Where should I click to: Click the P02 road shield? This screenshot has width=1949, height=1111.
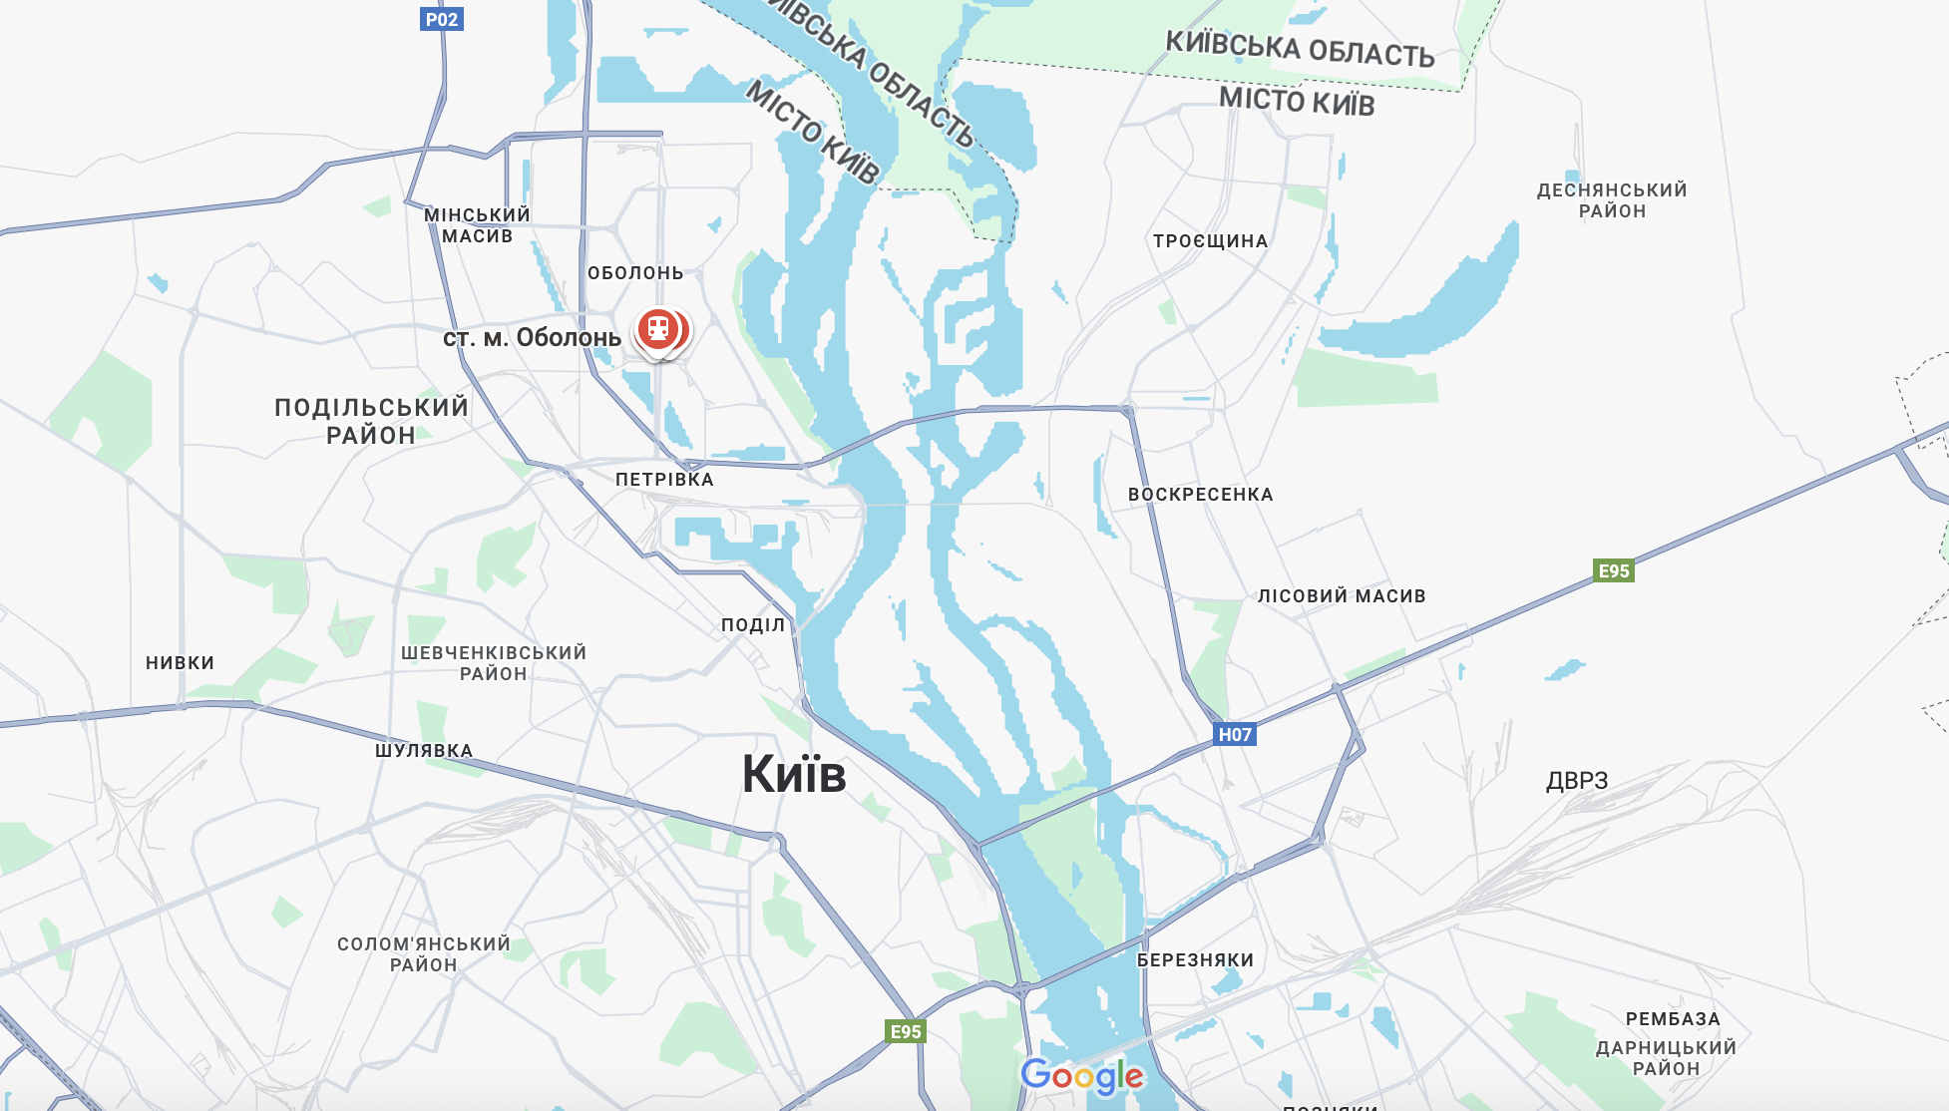point(441,19)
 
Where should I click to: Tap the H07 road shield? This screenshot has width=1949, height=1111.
point(1234,735)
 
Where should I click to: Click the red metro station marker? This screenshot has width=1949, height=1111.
point(658,329)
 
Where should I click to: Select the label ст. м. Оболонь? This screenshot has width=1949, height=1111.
point(532,338)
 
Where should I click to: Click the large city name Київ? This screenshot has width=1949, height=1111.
point(794,774)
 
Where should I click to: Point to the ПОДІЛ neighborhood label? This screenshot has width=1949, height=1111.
point(753,625)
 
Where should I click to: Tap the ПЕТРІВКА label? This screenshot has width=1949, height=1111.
point(664,480)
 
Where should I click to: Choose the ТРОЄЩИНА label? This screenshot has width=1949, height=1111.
point(1210,241)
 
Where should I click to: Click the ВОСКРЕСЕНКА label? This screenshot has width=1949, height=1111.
point(1200,495)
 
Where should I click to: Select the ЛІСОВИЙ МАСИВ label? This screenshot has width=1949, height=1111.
point(1342,596)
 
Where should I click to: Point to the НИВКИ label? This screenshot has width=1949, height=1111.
point(180,663)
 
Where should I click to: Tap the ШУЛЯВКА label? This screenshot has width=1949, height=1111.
point(424,751)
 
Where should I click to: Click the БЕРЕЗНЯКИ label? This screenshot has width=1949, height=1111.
point(1195,960)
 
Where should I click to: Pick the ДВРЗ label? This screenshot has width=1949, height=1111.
point(1577,781)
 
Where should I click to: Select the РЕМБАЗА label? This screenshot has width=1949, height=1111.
point(1673,1019)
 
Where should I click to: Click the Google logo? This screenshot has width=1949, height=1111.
point(1082,1076)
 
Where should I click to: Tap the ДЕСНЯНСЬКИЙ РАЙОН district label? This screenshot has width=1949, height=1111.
point(1612,200)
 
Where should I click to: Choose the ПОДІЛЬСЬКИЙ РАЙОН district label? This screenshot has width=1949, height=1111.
point(371,421)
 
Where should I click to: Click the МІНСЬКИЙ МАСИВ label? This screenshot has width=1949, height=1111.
point(477,225)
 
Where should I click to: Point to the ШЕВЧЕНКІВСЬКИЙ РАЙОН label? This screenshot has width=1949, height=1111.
point(494,663)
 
